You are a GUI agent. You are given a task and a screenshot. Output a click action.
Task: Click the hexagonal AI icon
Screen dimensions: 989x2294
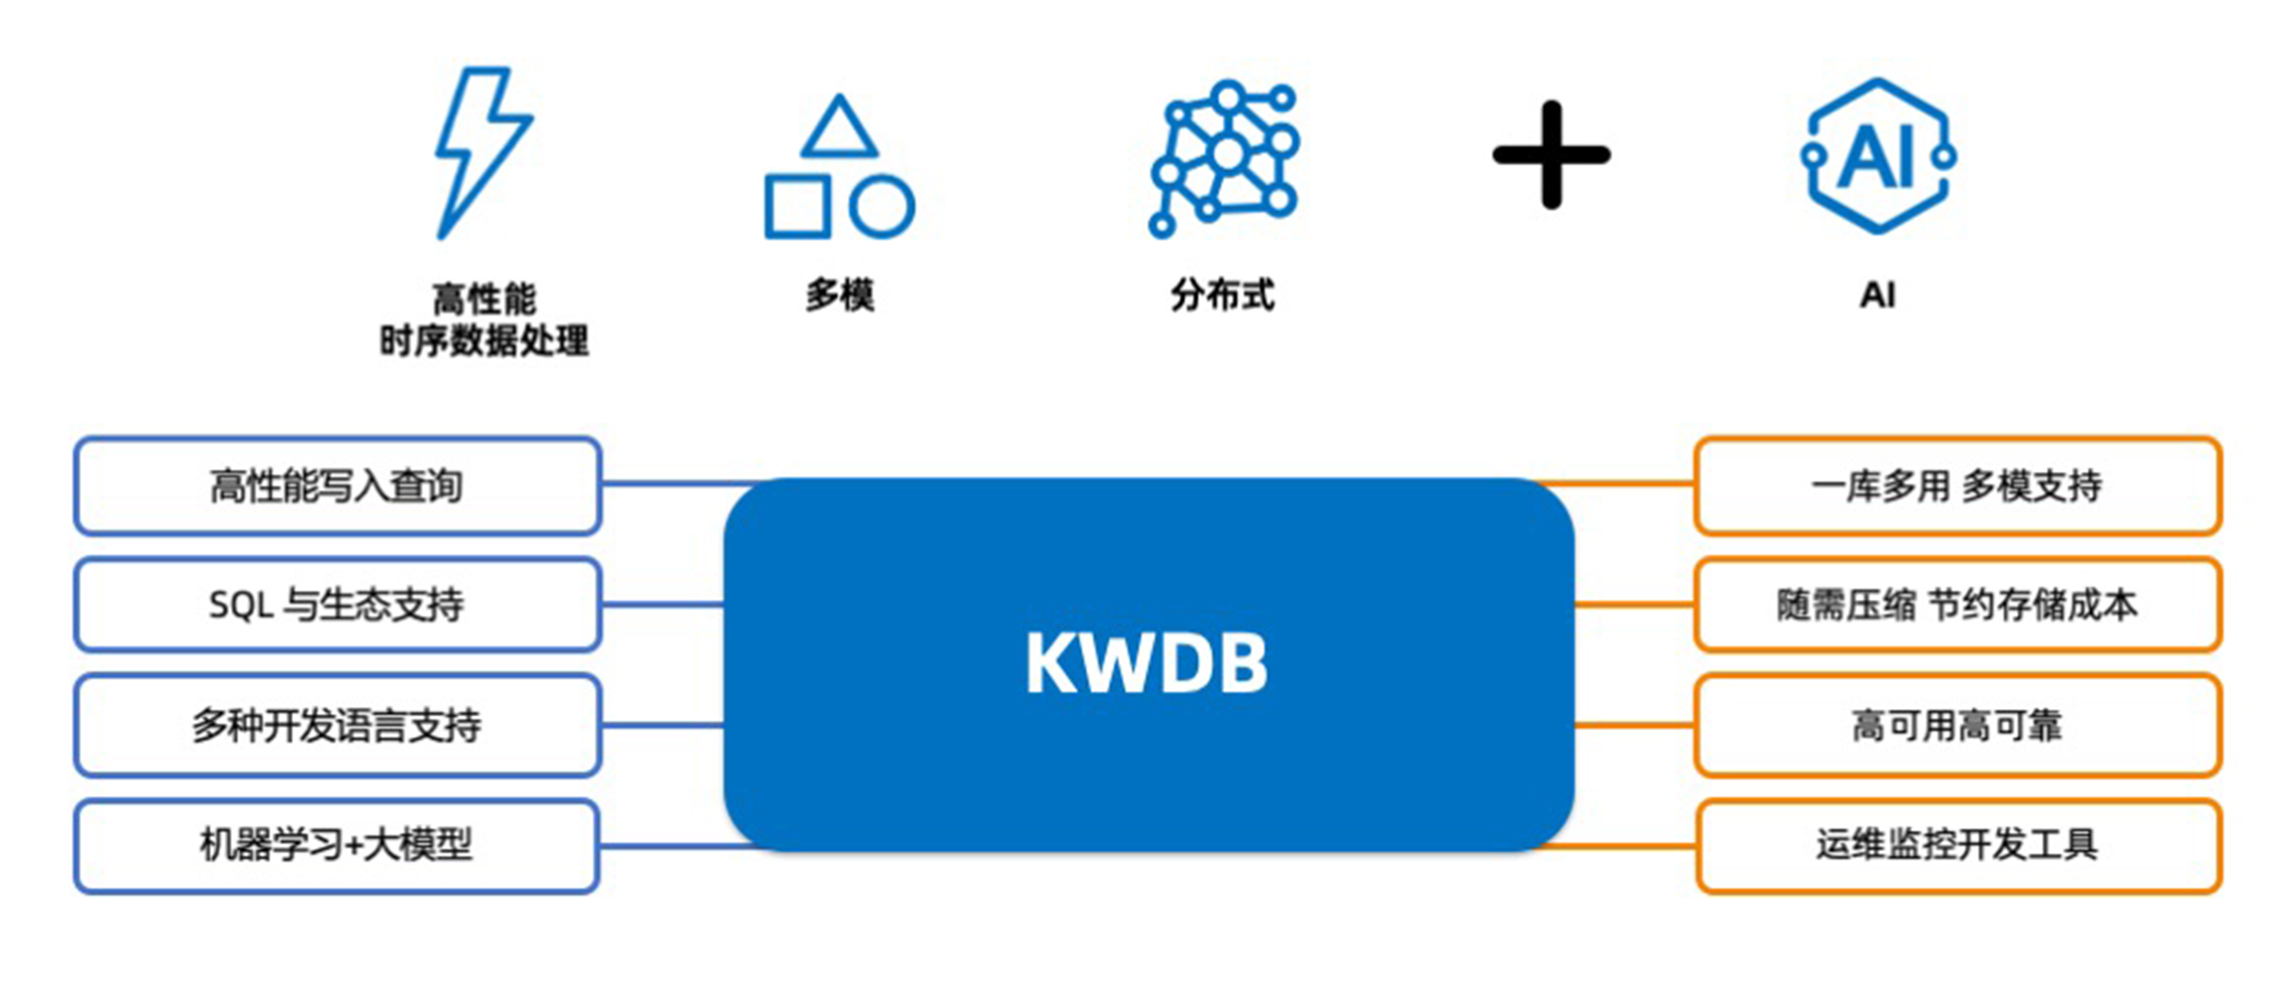click(1877, 156)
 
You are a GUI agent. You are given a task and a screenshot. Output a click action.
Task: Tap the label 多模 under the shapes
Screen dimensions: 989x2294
click(839, 295)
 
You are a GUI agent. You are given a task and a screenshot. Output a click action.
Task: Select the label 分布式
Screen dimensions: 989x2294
click(1223, 295)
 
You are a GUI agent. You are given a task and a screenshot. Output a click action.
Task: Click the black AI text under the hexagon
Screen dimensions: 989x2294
click(1877, 295)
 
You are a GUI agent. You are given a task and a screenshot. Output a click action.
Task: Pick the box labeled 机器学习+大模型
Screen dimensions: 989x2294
click(336, 845)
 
